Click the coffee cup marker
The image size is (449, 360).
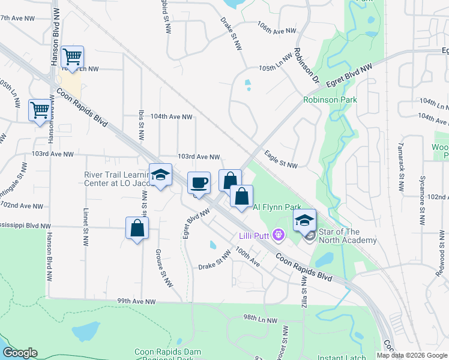pyautogui.click(x=199, y=182)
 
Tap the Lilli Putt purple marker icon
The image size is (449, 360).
pyautogui.click(x=278, y=233)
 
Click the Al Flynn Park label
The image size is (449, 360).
pyautogui.click(x=277, y=207)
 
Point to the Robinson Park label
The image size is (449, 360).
pyautogui.click(x=330, y=100)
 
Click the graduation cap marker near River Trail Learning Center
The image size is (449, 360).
pyautogui.click(x=160, y=175)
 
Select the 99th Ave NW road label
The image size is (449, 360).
pyautogui.click(x=136, y=301)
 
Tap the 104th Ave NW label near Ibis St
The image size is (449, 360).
pyautogui.click(x=171, y=117)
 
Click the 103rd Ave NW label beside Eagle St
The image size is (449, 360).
pyautogui.click(x=198, y=157)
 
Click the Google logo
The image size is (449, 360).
pyautogui.click(x=20, y=353)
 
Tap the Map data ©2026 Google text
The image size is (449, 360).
pyautogui.click(x=411, y=355)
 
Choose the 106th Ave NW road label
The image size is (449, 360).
pyautogui.click(x=277, y=31)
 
